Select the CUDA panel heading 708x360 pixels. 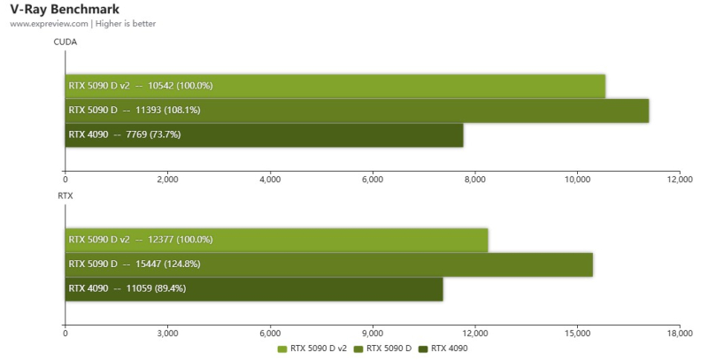point(65,41)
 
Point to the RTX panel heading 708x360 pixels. point(65,195)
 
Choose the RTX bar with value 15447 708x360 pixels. point(328,264)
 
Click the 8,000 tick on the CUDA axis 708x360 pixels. point(475,180)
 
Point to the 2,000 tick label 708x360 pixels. point(167,180)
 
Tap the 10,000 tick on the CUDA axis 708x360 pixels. point(577,180)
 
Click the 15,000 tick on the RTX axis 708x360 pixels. point(577,333)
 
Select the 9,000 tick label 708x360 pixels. point(373,333)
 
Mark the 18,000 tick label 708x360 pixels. point(679,333)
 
